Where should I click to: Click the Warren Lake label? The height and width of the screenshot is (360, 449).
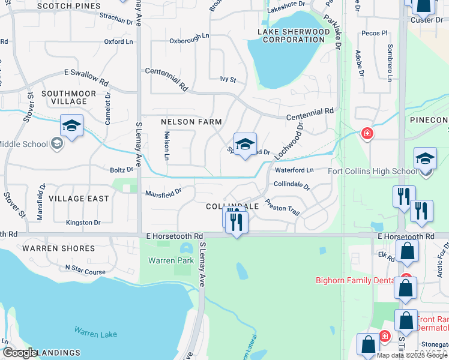(95, 332)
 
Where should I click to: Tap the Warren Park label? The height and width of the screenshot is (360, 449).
(172, 260)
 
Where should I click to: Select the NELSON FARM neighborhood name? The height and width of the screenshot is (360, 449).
(191, 122)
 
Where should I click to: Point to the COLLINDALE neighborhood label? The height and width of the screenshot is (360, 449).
(232, 206)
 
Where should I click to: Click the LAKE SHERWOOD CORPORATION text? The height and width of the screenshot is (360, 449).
(294, 35)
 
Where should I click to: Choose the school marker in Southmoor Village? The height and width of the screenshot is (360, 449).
(71, 126)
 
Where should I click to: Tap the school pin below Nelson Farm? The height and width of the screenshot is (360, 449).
(244, 145)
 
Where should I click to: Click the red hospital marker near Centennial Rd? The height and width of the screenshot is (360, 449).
(366, 133)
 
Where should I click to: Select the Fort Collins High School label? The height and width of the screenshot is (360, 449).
(373, 171)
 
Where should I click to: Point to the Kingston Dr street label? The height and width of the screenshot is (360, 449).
(83, 223)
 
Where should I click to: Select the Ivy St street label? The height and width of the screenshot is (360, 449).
(228, 79)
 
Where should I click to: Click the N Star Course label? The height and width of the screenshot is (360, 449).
(85, 271)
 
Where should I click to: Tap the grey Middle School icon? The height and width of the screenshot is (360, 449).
(56, 143)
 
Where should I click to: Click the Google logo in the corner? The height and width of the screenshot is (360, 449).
(20, 353)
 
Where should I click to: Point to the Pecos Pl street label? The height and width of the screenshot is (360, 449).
(375, 34)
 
